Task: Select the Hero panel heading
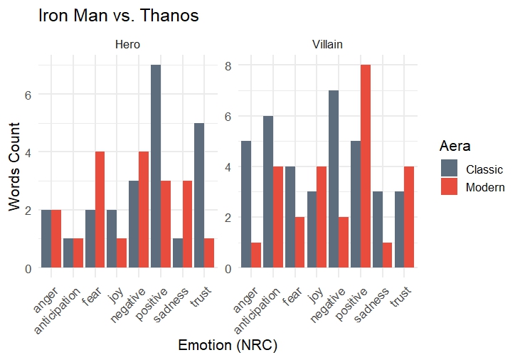tap(127, 45)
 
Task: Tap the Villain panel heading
tap(327, 45)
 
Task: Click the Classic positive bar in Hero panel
tap(155, 166)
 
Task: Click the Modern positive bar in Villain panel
tap(366, 166)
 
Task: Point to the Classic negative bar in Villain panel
tap(333, 179)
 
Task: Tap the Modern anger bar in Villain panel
tap(255, 255)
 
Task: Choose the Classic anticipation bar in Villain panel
tap(267, 192)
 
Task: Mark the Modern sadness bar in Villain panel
tap(388, 255)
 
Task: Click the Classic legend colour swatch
tap(450, 169)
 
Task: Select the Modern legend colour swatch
tap(450, 187)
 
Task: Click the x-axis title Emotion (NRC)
tap(227, 346)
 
